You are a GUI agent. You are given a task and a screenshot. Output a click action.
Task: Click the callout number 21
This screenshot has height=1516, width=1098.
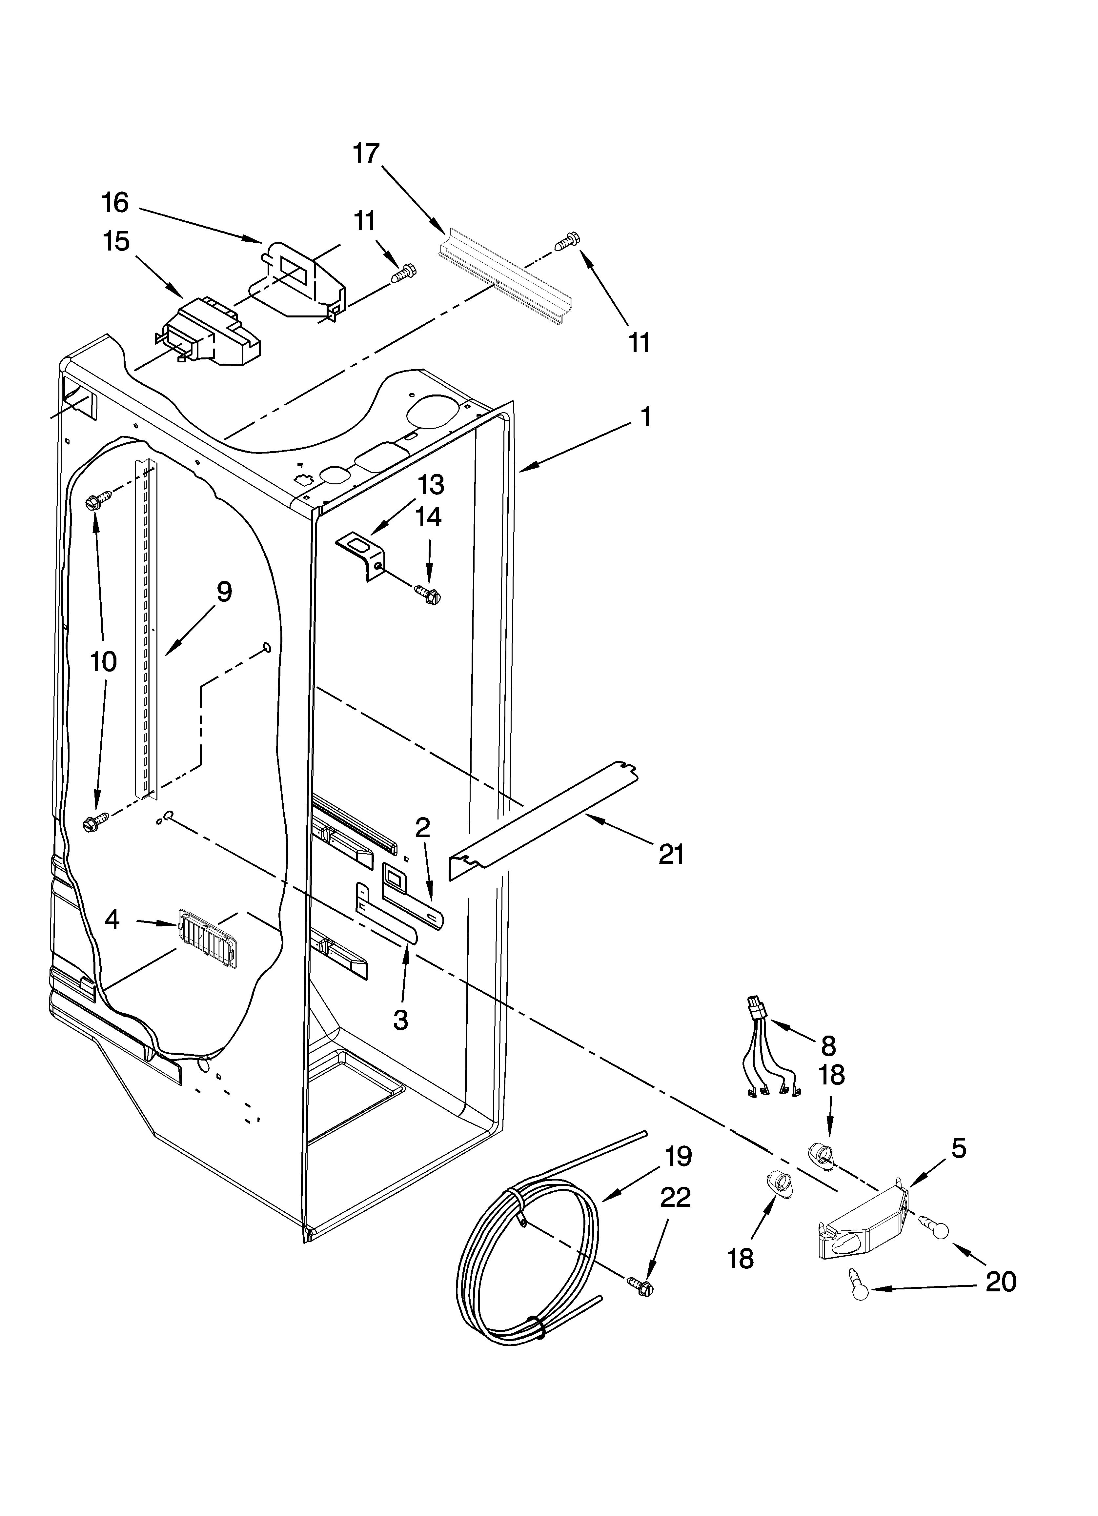point(671,854)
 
